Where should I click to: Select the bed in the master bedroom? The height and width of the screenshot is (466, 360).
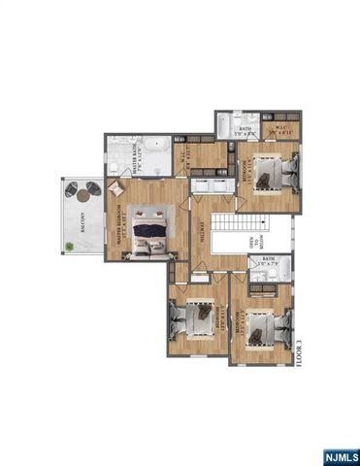[150, 234]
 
